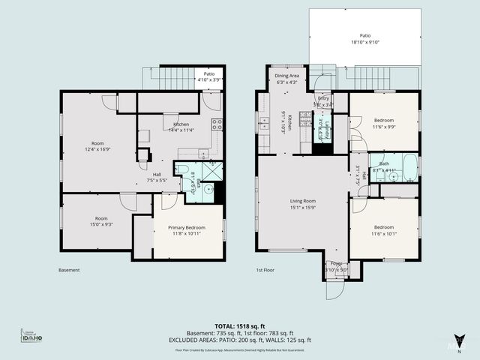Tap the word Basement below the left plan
point(69,270)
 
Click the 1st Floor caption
point(264,270)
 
